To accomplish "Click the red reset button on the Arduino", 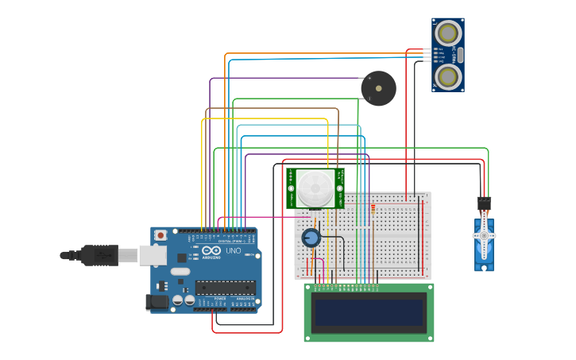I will [160, 235].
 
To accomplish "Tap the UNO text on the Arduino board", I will [234, 251].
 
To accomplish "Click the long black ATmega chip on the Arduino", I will [225, 287].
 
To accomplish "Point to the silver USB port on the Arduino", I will [153, 255].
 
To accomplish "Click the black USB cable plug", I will [99, 255].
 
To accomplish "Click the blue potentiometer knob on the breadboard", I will [311, 238].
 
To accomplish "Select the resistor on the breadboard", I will [373, 209].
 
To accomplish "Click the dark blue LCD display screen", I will [369, 312].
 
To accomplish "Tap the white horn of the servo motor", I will [484, 238].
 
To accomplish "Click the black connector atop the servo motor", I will [483, 203].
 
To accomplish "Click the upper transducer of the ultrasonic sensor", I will [448, 33].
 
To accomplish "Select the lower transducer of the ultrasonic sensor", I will [448, 76].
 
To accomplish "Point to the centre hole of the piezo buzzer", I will [378, 88].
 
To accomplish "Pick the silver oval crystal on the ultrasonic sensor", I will [460, 55].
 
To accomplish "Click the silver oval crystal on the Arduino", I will [180, 271].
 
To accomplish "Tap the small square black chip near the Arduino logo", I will [182, 257].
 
